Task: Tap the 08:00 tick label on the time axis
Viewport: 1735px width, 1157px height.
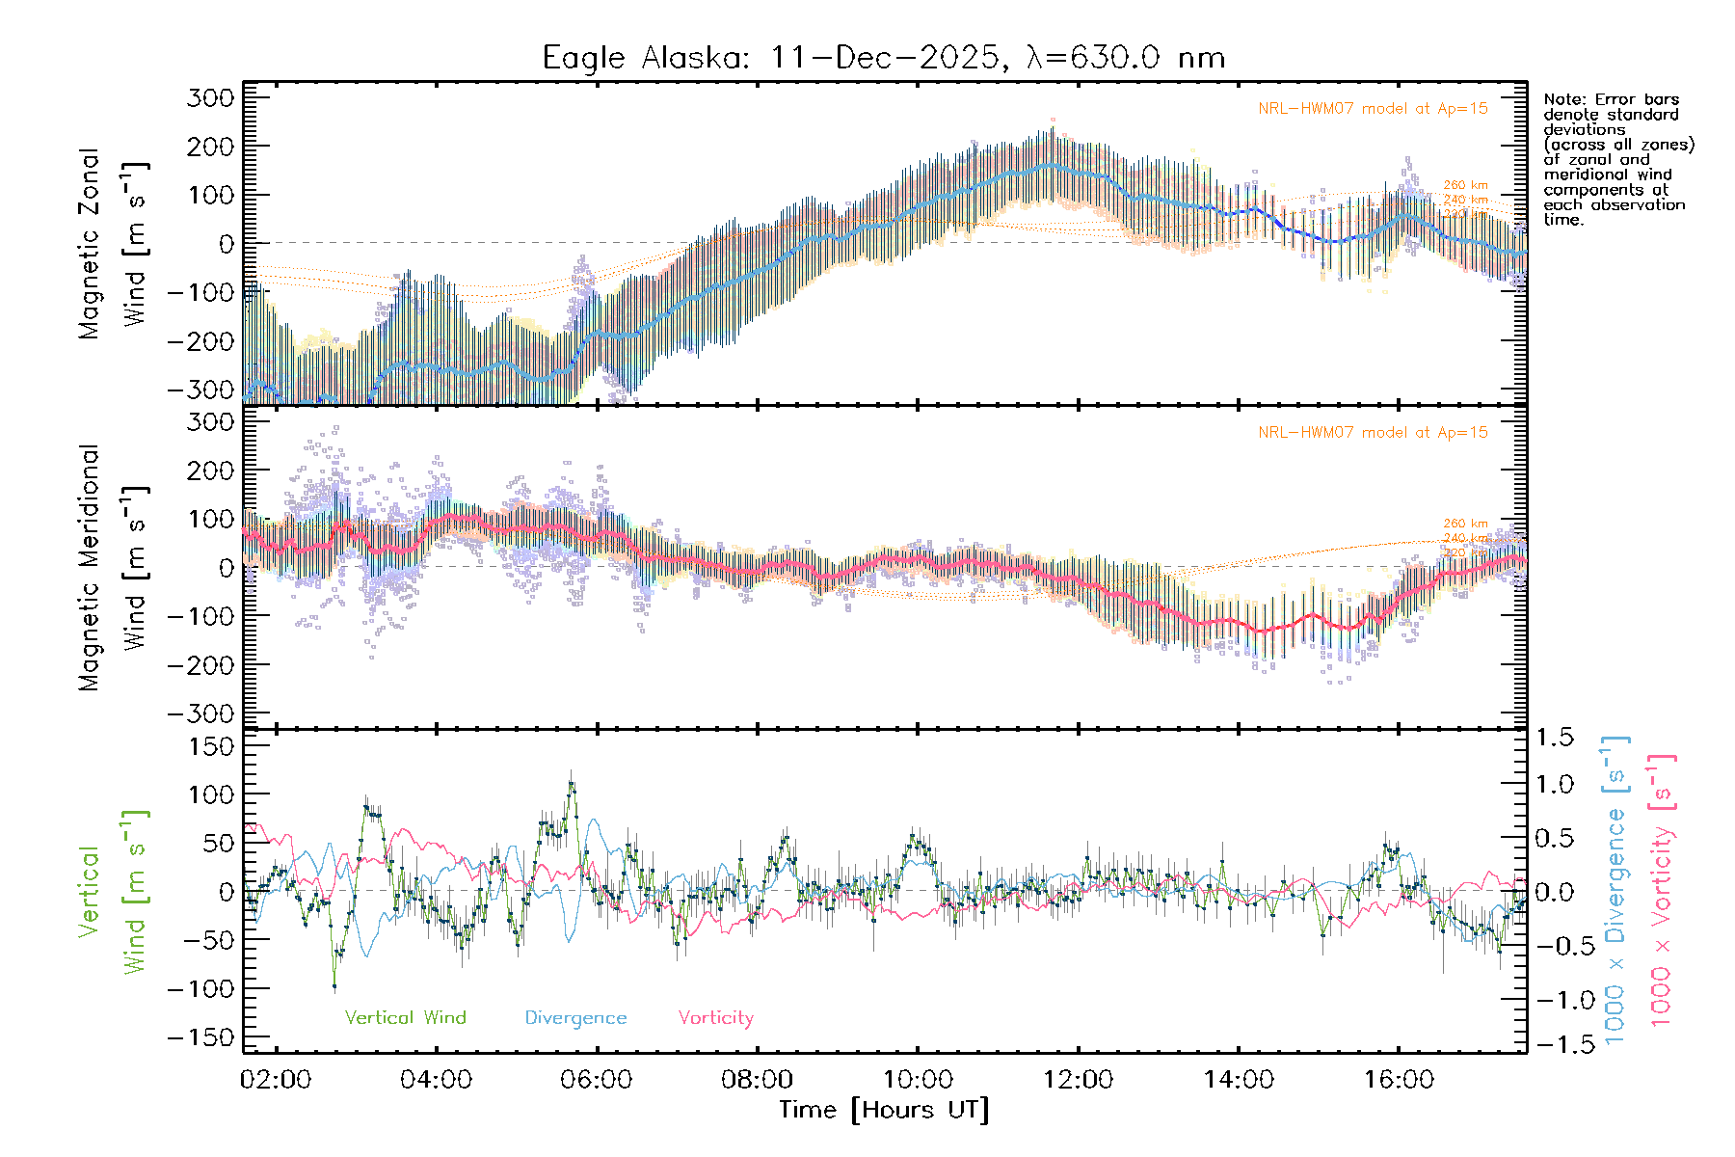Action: point(757,1079)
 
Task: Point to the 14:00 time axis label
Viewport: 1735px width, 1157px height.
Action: point(1239,1079)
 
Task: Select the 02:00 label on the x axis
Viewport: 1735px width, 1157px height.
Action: point(276,1079)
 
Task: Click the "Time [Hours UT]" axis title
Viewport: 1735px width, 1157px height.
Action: point(884,1110)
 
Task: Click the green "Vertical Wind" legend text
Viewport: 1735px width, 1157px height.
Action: point(405,1017)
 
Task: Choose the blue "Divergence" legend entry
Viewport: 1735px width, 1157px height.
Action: point(575,1017)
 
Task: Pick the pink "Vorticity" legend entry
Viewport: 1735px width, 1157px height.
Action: point(715,1017)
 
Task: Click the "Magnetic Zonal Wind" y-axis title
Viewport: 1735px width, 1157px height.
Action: point(114,243)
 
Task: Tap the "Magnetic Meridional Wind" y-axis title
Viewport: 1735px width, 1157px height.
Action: point(114,567)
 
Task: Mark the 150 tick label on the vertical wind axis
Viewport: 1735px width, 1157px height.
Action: point(211,746)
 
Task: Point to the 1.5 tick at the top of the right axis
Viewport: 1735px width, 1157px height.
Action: point(1554,738)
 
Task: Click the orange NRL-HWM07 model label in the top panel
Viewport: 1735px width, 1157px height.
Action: point(1373,109)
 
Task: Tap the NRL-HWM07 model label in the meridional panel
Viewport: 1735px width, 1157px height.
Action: point(1373,433)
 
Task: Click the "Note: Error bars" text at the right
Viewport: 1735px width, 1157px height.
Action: point(1611,99)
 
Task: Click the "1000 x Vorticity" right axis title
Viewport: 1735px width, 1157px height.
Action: point(1662,889)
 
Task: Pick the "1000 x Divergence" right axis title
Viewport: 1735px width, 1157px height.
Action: point(1615,889)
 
